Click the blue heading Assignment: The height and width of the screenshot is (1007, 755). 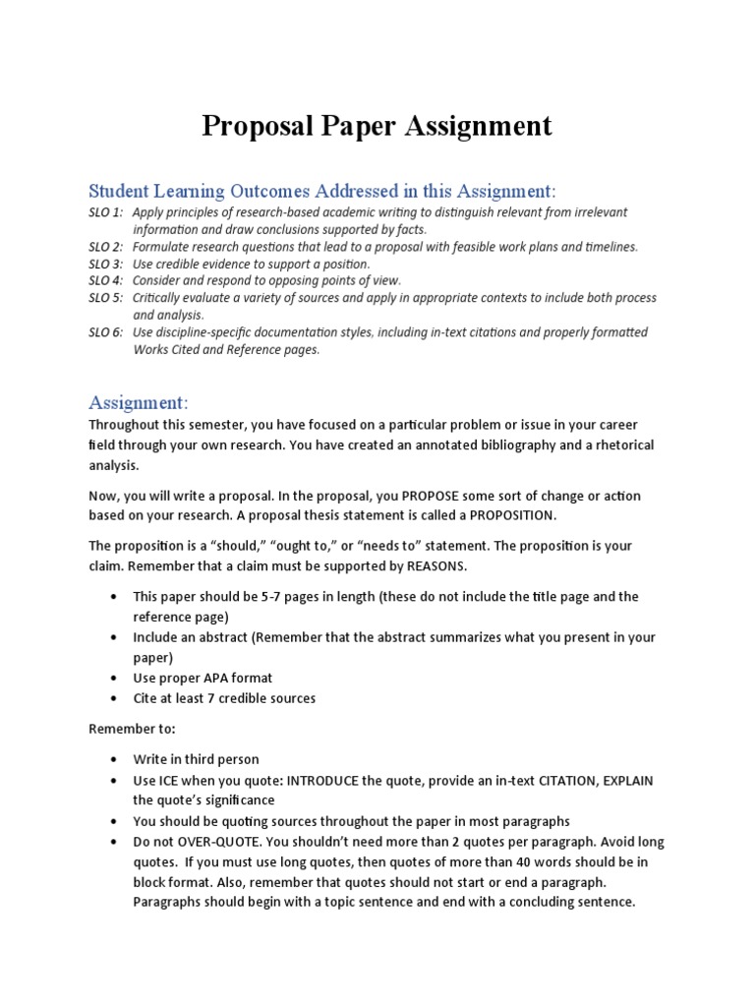coord(139,402)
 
